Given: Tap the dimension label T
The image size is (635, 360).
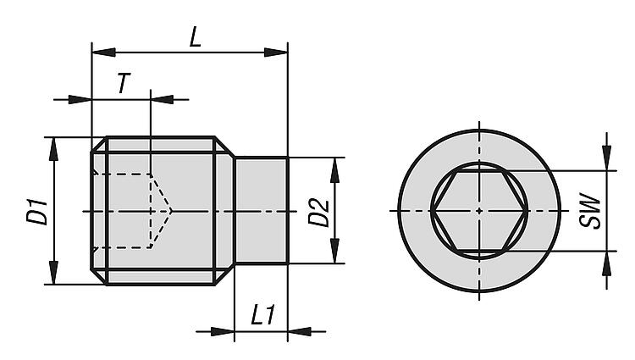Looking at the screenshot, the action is (124, 83).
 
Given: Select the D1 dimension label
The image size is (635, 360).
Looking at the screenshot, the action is (37, 211).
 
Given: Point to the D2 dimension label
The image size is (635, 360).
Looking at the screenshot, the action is (318, 212).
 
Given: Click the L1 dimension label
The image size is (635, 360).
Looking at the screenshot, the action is (263, 315).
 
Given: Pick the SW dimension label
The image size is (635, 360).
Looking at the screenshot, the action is (589, 212).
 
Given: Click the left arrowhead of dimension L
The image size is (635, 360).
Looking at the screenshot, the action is (103, 53).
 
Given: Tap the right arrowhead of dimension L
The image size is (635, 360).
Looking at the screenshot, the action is (276, 53).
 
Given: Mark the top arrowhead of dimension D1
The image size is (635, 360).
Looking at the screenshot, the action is (54, 149).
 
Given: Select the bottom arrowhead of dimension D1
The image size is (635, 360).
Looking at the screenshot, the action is (54, 273).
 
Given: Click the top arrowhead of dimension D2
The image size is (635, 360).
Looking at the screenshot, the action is (334, 169).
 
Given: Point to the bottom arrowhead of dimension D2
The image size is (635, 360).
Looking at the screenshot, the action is (334, 252).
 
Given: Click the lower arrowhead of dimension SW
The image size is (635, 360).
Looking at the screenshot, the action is (606, 263).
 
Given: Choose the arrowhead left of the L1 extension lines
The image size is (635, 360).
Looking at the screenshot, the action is (223, 332).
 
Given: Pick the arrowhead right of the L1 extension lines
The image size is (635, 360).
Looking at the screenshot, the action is (300, 332).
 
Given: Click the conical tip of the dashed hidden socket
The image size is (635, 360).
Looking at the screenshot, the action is (172, 211).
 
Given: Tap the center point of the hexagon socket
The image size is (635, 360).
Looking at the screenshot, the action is (479, 211).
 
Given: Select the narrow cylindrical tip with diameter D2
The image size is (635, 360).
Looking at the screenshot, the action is (262, 211).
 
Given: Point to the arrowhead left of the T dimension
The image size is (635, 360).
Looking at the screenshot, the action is (80, 99).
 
